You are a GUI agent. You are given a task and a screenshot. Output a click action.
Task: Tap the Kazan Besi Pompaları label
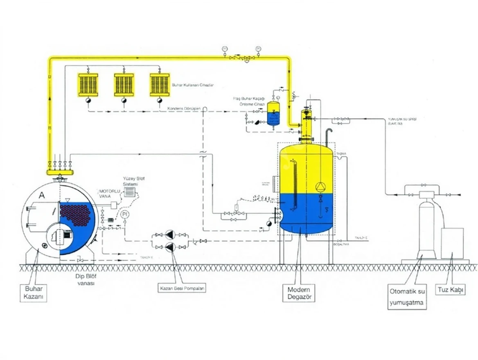(x=182, y=288)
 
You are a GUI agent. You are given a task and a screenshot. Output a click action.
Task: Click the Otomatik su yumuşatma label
(x=407, y=298)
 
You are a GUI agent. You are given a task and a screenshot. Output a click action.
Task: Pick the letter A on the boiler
(x=41, y=196)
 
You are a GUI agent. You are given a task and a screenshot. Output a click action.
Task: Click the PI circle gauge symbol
(x=126, y=214)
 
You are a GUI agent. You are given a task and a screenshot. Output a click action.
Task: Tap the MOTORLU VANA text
(x=109, y=193)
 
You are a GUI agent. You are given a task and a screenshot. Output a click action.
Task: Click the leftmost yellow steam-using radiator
(x=88, y=85)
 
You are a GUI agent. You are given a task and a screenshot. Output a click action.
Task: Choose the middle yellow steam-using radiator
(x=124, y=85)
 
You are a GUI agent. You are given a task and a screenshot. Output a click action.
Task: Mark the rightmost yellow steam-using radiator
(x=160, y=85)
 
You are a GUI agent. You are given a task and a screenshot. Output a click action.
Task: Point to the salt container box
(x=452, y=243)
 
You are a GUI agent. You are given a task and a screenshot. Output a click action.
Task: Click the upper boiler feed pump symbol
(x=170, y=235)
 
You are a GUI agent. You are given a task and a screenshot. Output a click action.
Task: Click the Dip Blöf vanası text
(x=84, y=279)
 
